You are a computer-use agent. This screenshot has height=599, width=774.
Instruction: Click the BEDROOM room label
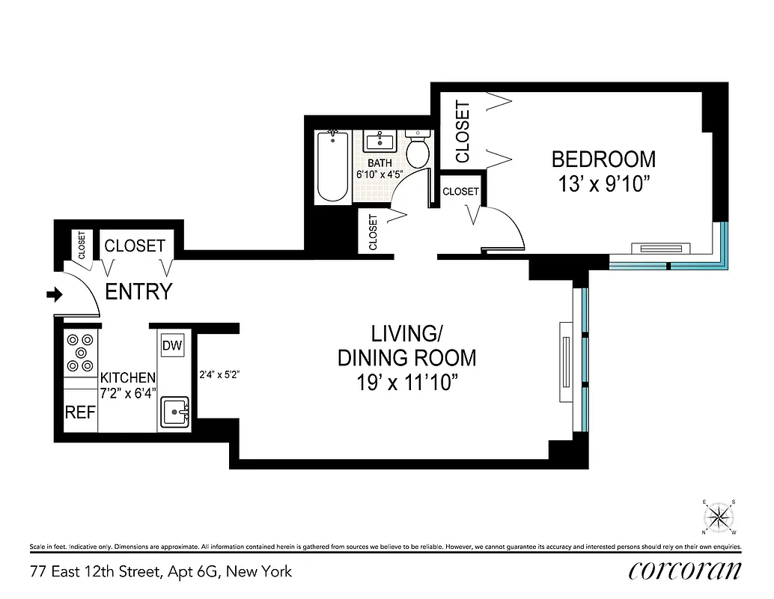coord(603,159)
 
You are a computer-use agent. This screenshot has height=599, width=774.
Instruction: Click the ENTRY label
coord(138,292)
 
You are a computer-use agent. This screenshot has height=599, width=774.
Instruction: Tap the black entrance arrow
coord(54,295)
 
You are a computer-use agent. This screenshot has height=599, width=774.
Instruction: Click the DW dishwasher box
coord(171,345)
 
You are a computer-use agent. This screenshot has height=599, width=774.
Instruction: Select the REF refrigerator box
coord(79,413)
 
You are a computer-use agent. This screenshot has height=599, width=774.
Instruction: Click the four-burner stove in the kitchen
coord(81,353)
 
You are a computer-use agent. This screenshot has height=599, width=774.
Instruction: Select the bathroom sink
coord(383,140)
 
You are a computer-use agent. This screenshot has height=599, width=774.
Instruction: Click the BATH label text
coord(380,163)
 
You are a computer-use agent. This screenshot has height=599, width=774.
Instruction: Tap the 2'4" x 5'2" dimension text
coord(219,374)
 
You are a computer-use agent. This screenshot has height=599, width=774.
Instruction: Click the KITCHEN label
coord(128,378)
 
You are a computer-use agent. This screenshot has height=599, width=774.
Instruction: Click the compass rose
coord(719,517)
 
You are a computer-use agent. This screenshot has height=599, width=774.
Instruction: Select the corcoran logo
coord(684,571)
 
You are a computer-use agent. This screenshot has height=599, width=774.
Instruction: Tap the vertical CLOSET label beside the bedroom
coord(462,131)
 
